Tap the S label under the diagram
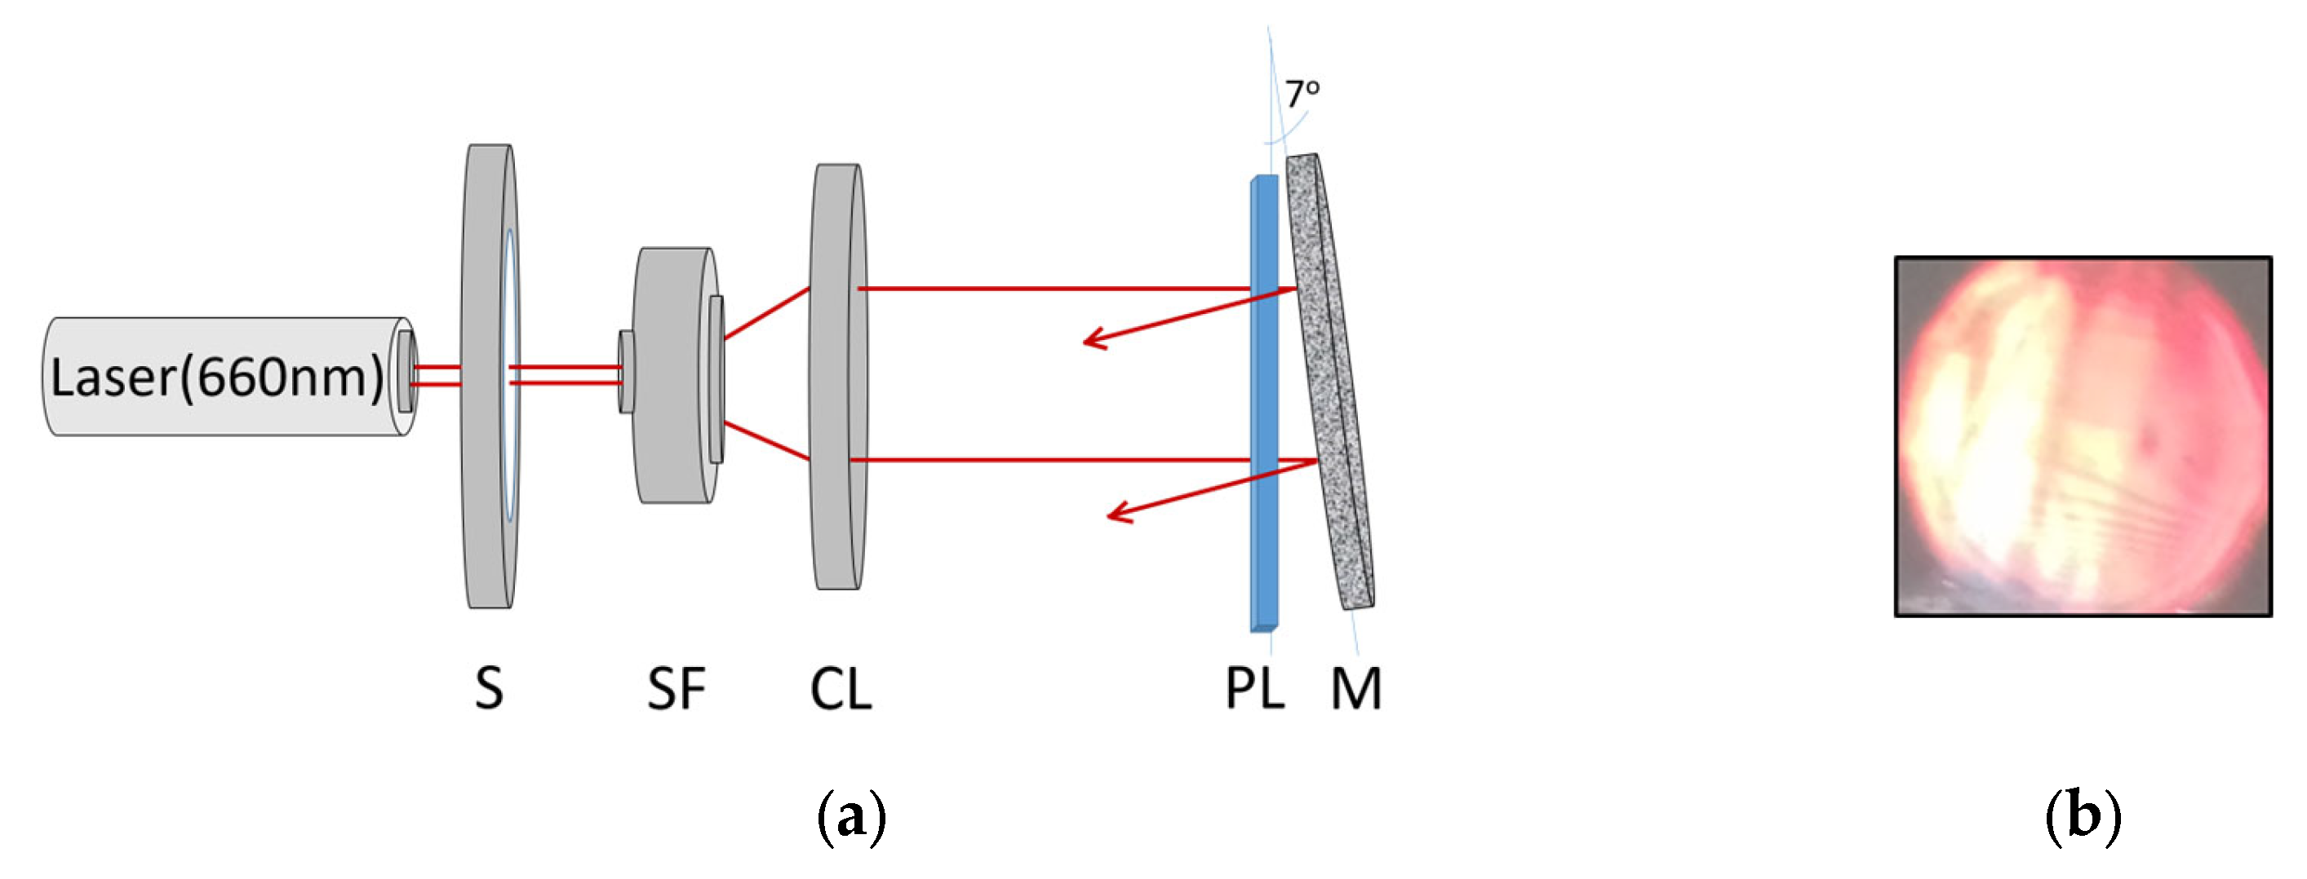tap(489, 689)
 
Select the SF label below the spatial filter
tap(677, 689)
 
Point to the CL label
tap(840, 689)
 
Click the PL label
tap(1253, 689)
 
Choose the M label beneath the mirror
tap(1356, 689)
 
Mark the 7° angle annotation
tap(1302, 93)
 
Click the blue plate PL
tap(1263, 403)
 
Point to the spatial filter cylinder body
tap(672, 376)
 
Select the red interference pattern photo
tap(2083, 436)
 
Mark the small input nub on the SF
tap(626, 372)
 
